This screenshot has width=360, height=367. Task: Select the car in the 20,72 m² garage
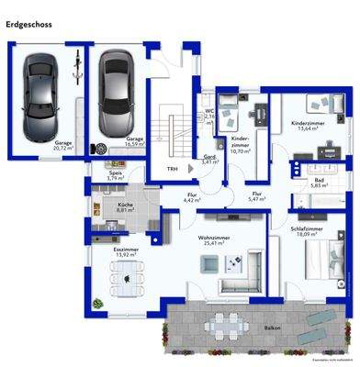pyautogui.click(x=39, y=92)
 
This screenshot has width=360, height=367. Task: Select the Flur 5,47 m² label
pyautogui.click(x=257, y=196)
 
